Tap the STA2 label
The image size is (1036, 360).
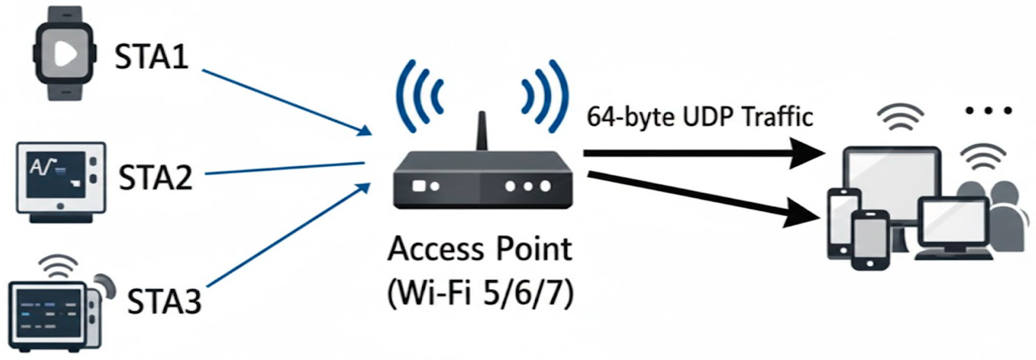[x=155, y=177]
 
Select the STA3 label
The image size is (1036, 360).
[x=164, y=301]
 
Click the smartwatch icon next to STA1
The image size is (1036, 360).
[x=65, y=53]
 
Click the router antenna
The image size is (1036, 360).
[x=482, y=131]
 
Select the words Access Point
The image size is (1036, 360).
[x=480, y=249]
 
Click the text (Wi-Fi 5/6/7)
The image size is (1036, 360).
[x=480, y=294]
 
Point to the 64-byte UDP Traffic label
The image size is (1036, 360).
[x=699, y=117]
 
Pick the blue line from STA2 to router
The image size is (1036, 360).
[x=285, y=168]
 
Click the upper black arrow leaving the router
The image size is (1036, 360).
[x=700, y=154]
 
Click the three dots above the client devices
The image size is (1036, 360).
[x=989, y=111]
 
